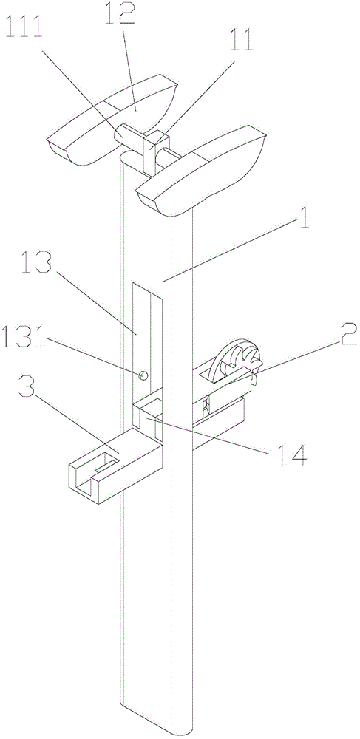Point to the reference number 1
point(304,221)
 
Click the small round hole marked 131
point(143,375)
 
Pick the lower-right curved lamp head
point(202,172)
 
